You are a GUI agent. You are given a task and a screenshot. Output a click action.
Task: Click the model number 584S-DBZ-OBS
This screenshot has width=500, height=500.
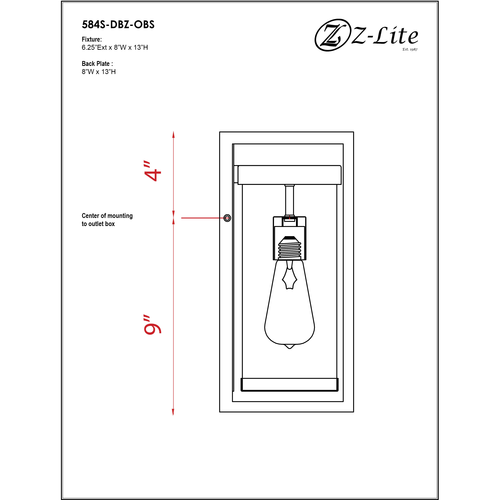[118, 25]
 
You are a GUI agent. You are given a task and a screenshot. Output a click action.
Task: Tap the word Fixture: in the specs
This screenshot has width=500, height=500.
[92, 39]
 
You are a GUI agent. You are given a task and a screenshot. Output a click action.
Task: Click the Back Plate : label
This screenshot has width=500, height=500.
[97, 64]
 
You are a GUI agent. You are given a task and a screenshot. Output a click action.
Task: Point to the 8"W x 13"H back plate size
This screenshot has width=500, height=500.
[99, 72]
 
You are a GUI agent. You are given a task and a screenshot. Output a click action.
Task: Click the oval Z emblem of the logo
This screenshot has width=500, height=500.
[331, 35]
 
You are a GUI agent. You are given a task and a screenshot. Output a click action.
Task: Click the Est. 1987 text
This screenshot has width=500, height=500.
[410, 49]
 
